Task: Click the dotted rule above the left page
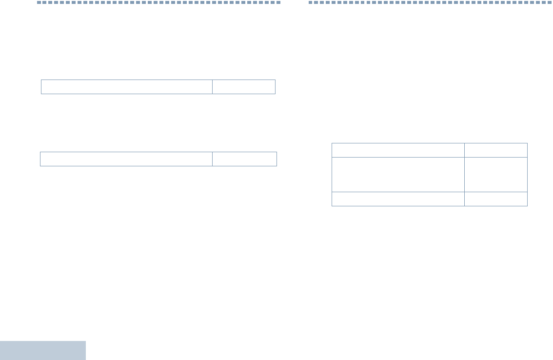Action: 159,2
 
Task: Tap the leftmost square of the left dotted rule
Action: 39,2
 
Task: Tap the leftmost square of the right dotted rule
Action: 310,2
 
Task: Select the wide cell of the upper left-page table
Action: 127,87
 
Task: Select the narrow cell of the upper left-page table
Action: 244,87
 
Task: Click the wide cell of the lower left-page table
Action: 126,159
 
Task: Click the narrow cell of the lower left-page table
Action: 244,159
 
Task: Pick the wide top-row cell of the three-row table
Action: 398,150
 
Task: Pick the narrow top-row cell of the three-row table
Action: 496,150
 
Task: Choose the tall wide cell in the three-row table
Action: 398,175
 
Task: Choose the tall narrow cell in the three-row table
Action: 496,175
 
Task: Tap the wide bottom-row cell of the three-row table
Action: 398,199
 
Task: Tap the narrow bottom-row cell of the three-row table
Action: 496,199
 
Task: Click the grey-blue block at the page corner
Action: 43,350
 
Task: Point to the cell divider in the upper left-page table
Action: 212,87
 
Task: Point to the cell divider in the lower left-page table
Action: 212,159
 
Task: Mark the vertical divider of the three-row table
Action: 464,175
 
